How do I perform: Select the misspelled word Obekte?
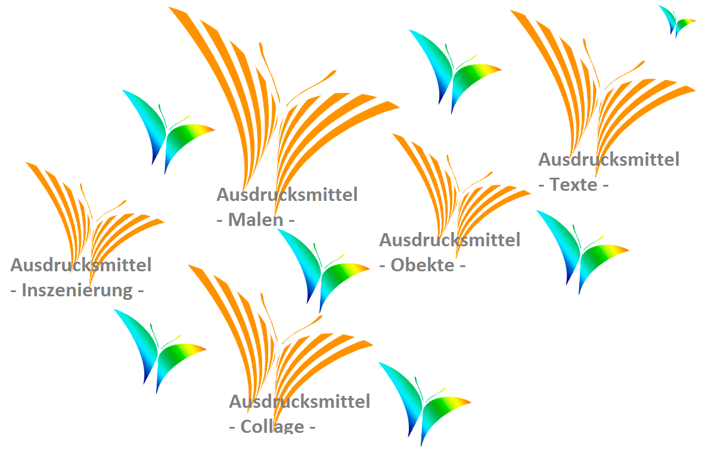tap(422, 265)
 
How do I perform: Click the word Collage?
tap(272, 427)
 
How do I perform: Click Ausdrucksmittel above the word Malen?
tap(287, 194)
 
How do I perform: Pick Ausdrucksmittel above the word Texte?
tap(608, 159)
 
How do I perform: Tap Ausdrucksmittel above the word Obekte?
tap(449, 240)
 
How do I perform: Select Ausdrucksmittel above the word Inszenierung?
tap(80, 265)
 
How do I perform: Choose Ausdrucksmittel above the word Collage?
tap(299, 401)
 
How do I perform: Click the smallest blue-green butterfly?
tap(676, 20)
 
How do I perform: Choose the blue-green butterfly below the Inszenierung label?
tap(157, 349)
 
